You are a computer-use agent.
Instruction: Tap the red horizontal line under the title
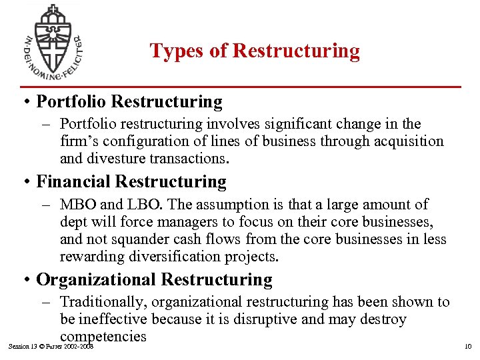(241, 87)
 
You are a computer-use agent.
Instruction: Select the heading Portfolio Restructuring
(129, 101)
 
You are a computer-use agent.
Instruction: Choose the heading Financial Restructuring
(131, 181)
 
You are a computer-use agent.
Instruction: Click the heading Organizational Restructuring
(154, 280)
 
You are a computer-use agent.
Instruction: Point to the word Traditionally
(101, 302)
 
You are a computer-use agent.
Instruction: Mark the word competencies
(103, 336)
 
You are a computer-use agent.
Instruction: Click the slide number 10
(467, 347)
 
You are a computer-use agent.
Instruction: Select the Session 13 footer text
(50, 347)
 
